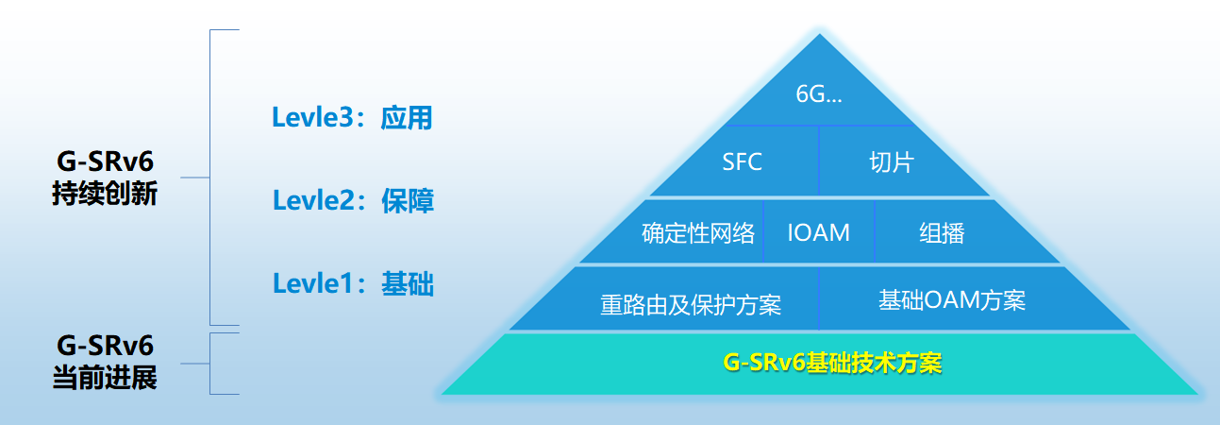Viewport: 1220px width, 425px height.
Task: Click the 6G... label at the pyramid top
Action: (819, 94)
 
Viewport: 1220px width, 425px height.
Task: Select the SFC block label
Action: (742, 161)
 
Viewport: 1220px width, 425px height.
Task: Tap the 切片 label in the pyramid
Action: (891, 162)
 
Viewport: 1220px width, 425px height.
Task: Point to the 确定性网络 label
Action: (698, 233)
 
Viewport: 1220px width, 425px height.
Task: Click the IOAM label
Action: (819, 232)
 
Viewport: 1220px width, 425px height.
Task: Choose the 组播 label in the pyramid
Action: (942, 233)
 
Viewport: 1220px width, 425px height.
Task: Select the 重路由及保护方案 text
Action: (691, 304)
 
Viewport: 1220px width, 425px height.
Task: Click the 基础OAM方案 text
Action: (952, 300)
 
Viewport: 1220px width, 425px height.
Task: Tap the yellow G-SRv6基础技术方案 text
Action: (832, 363)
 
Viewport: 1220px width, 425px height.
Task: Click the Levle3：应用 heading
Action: (352, 118)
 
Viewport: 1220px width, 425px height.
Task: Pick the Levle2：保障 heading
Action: (353, 200)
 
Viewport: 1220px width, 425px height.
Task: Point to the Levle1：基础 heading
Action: (353, 283)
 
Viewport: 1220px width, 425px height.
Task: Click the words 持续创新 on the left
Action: (105, 194)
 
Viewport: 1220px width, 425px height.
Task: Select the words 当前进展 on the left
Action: (105, 378)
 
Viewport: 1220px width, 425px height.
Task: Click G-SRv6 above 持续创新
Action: (105, 161)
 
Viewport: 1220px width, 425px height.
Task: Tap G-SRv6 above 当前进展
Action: (105, 346)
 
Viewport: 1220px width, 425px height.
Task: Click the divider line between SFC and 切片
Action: (819, 161)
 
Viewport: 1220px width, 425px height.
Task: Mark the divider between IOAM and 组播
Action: (874, 231)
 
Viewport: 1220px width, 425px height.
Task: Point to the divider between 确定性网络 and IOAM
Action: (763, 231)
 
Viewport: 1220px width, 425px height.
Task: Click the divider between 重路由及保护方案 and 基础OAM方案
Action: (819, 298)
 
